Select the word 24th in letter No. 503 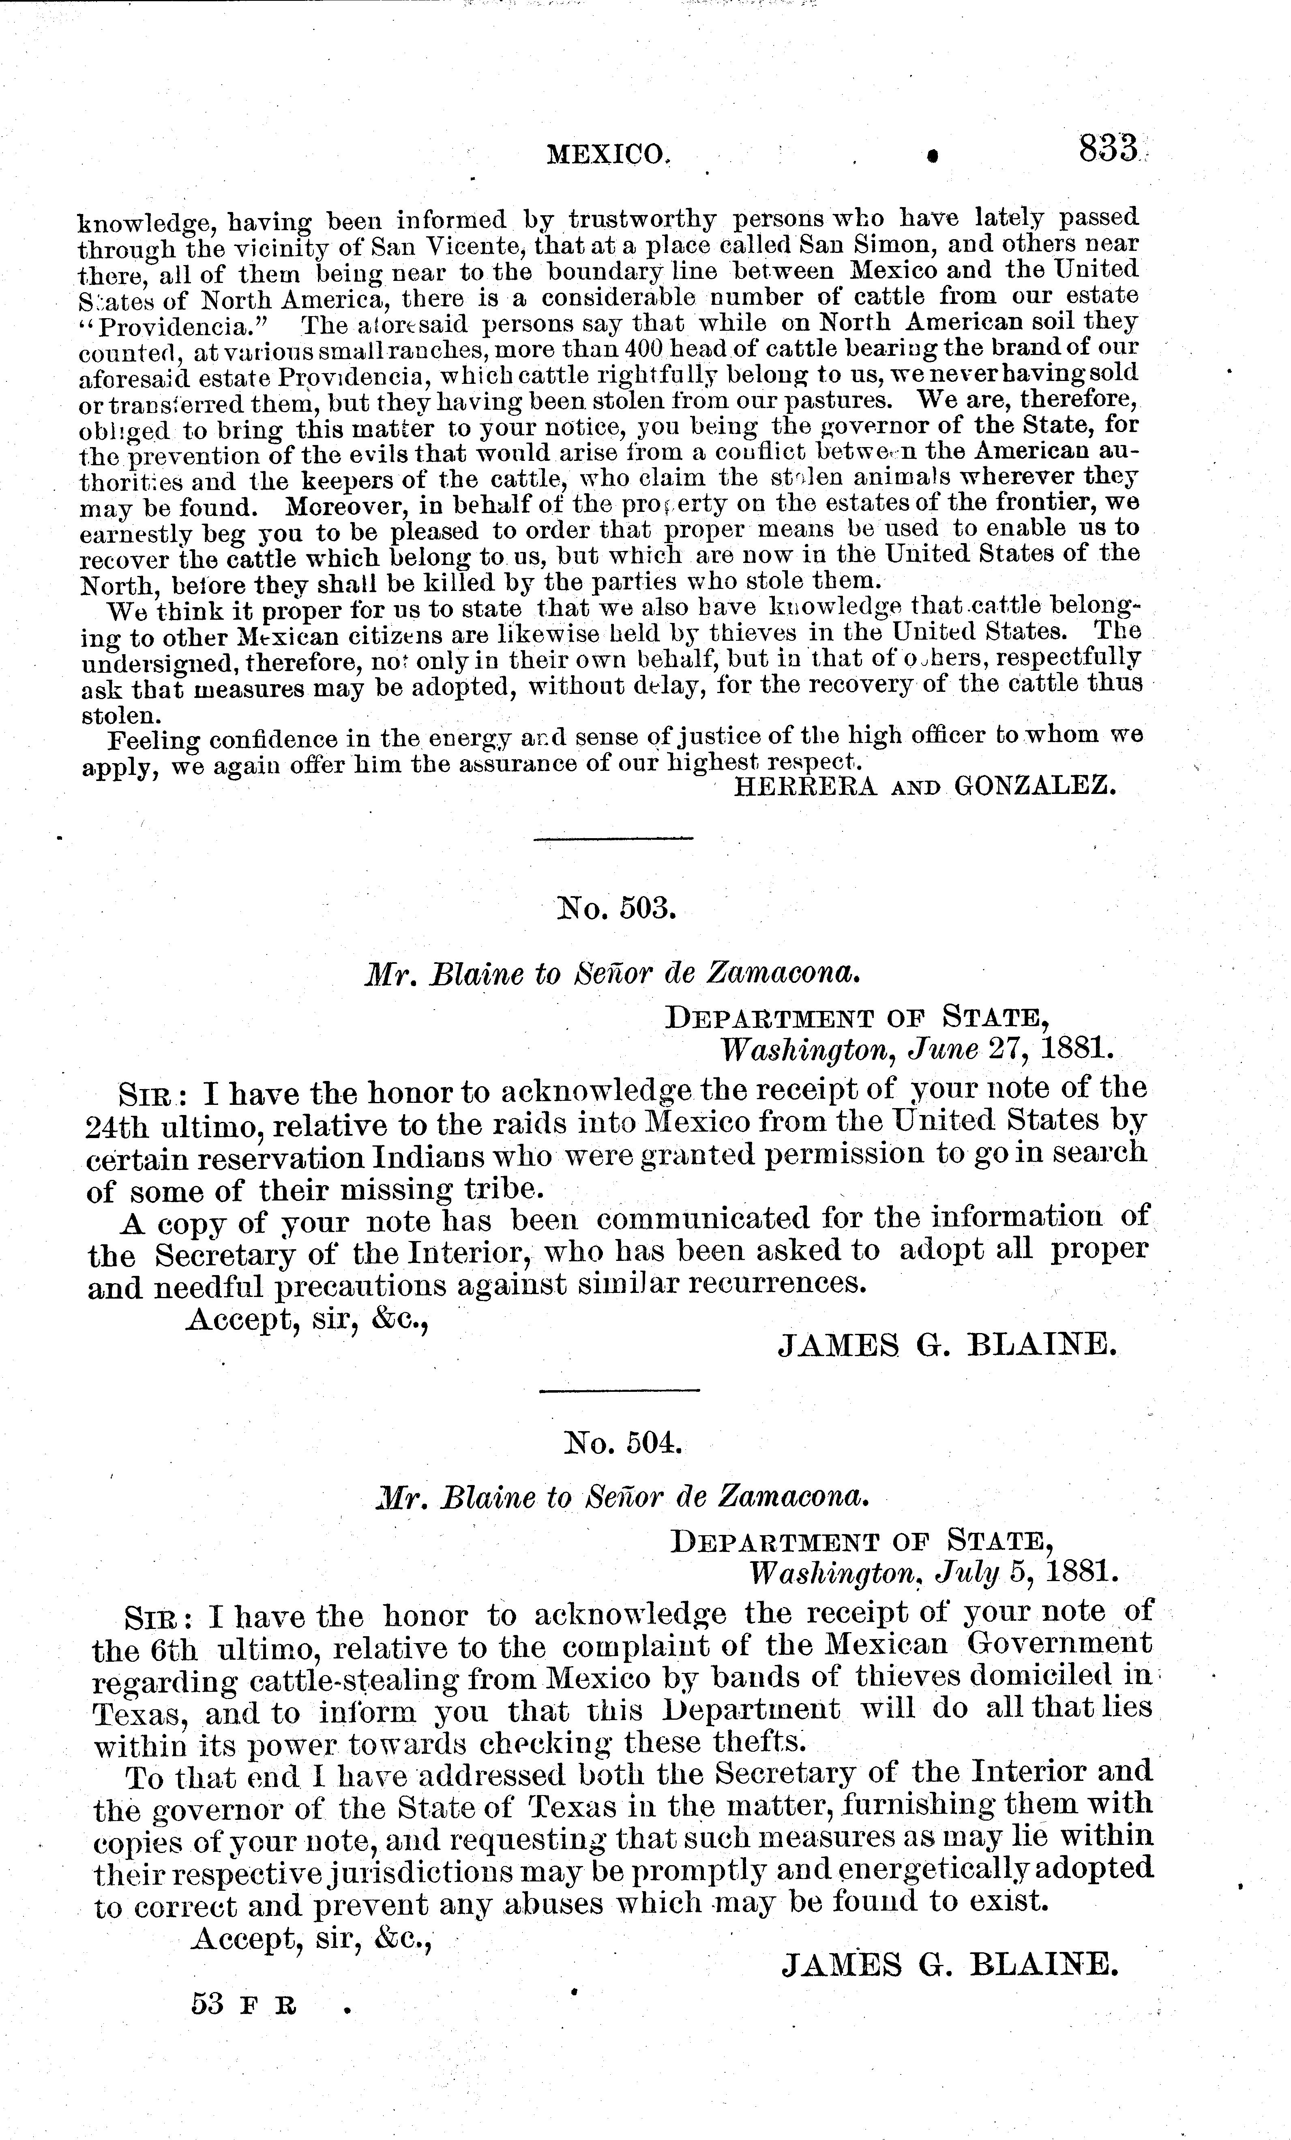113,1126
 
